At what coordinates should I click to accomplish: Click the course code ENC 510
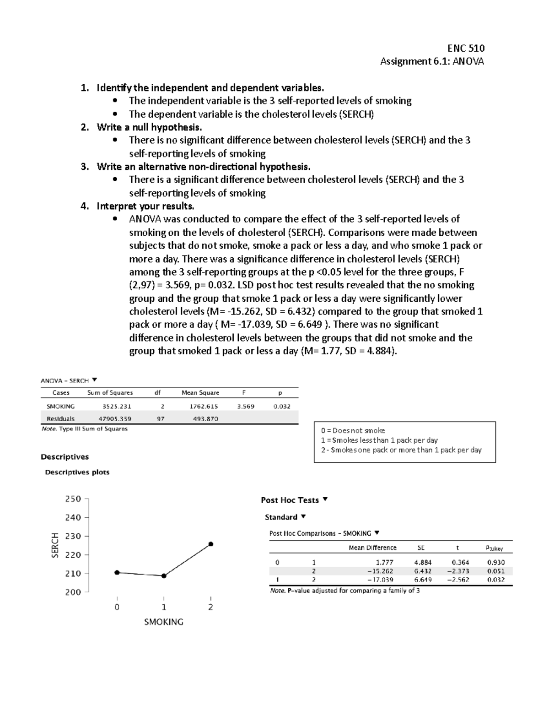tap(466, 48)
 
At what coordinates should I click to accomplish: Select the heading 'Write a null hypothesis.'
tap(149, 127)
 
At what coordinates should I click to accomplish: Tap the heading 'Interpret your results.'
tap(145, 206)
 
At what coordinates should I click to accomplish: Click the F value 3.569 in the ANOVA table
tap(246, 406)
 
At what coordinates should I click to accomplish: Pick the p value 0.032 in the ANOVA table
tap(282, 406)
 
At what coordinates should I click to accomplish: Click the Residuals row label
tap(60, 418)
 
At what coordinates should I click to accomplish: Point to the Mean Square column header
tap(200, 393)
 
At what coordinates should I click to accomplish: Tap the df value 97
tap(161, 418)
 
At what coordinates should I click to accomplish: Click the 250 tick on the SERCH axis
tap(73, 499)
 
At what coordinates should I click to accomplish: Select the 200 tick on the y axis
tap(73, 592)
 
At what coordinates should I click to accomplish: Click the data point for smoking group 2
tap(211, 544)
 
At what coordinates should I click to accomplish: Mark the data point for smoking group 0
tap(117, 572)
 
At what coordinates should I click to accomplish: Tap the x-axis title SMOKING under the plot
tap(163, 622)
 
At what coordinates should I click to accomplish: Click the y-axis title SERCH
tap(55, 545)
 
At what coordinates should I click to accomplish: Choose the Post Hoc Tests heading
tap(290, 500)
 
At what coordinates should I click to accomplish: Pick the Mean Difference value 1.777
tap(384, 562)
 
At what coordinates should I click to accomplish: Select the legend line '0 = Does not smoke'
tap(353, 430)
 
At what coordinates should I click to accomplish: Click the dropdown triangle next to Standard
tap(303, 517)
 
